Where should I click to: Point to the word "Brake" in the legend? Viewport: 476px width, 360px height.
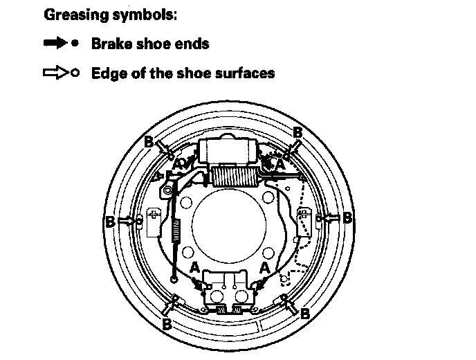[x=111, y=44]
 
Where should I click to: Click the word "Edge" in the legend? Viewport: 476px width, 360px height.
[x=107, y=73]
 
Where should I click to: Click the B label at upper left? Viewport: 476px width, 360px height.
[x=148, y=141]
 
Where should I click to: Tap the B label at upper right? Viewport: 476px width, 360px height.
[x=298, y=132]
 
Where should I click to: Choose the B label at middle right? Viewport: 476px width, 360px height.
[x=347, y=217]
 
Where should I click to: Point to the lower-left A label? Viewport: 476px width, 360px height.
[x=195, y=267]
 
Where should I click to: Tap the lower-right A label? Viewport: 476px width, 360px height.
[x=264, y=266]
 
